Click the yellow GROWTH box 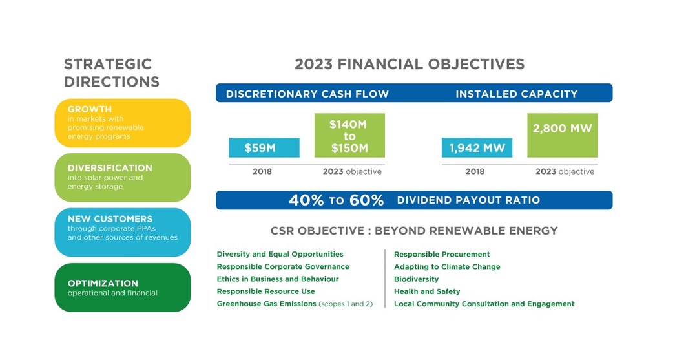[x=123, y=123]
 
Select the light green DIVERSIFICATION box [x=123, y=177]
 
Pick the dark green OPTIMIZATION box [x=123, y=288]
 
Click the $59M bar [x=264, y=148]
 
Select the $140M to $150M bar [x=349, y=136]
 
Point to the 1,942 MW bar [x=477, y=148]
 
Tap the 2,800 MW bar [x=562, y=136]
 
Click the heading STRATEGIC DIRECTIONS [x=112, y=73]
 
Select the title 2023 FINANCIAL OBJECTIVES [x=410, y=64]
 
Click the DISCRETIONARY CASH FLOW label [x=307, y=94]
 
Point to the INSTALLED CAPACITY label [x=516, y=94]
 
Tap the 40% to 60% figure [x=336, y=200]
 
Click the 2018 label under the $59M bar [x=262, y=172]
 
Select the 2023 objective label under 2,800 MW [x=565, y=172]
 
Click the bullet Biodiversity [x=416, y=279]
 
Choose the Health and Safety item [x=427, y=291]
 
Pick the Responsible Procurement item [x=442, y=255]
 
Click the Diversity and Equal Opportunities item [x=280, y=255]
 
